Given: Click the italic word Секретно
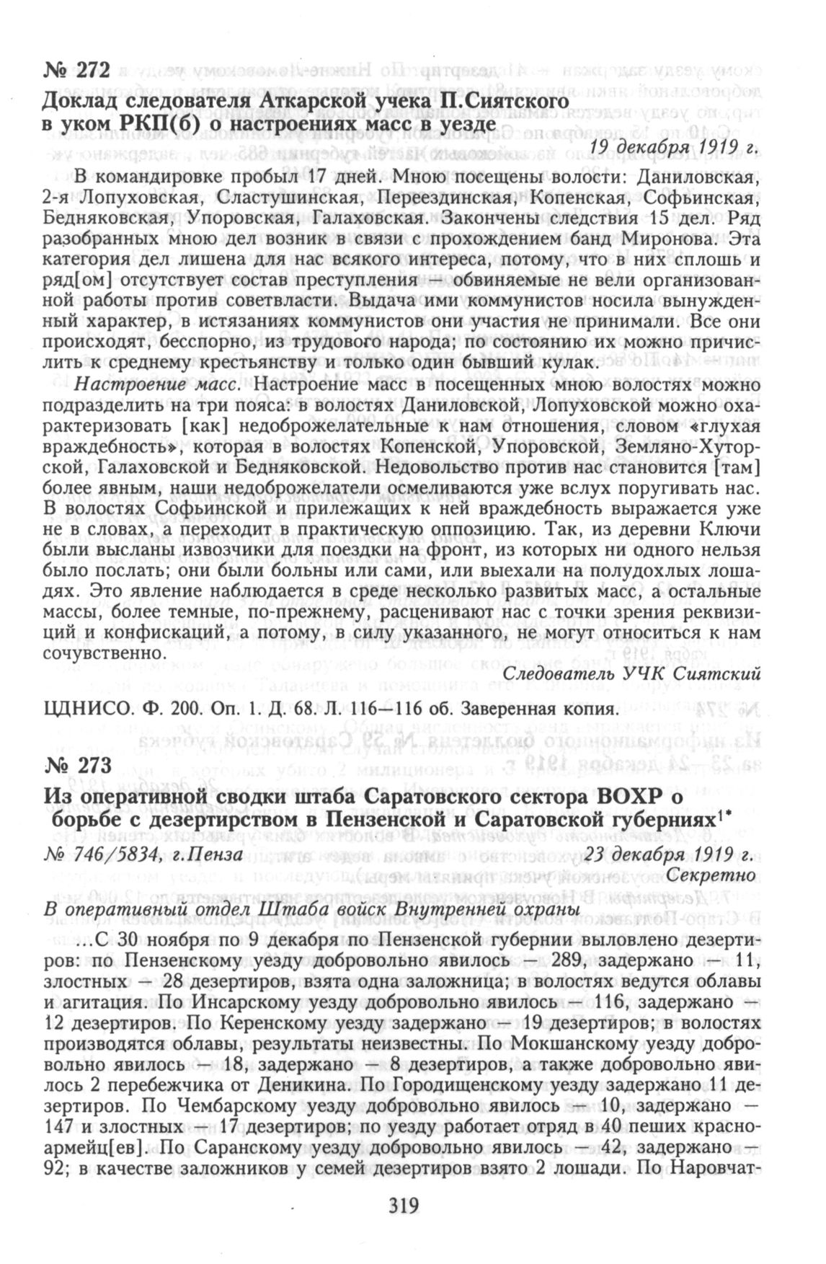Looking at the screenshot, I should (x=711, y=875).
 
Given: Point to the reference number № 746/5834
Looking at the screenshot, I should (x=101, y=854).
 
